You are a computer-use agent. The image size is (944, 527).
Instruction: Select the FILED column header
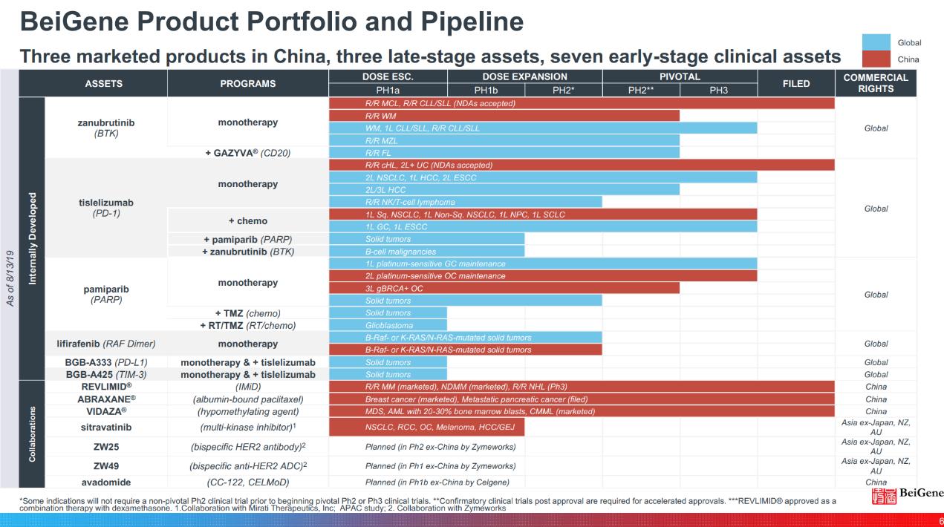796,84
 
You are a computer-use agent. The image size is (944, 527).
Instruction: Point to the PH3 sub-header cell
718,91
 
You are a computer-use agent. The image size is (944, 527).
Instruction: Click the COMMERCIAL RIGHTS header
876,83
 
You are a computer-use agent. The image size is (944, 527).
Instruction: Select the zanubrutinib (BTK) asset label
106,128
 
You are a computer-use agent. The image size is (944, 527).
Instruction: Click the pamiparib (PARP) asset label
106,295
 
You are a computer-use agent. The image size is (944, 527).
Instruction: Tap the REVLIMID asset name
106,386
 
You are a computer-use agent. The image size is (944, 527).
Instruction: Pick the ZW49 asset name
106,465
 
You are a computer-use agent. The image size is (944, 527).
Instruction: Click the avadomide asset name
106,482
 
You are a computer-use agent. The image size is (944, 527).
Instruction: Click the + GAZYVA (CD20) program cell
247,152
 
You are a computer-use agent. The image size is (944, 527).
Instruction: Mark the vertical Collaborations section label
32,433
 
